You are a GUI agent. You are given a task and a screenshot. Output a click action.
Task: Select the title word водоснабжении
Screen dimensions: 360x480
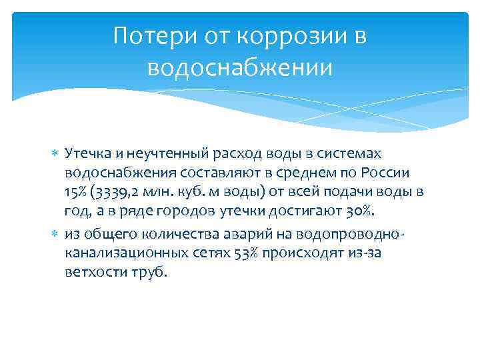pyautogui.click(x=240, y=67)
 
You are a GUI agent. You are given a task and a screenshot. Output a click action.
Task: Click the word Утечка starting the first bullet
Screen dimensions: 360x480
pyautogui.click(x=83, y=154)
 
